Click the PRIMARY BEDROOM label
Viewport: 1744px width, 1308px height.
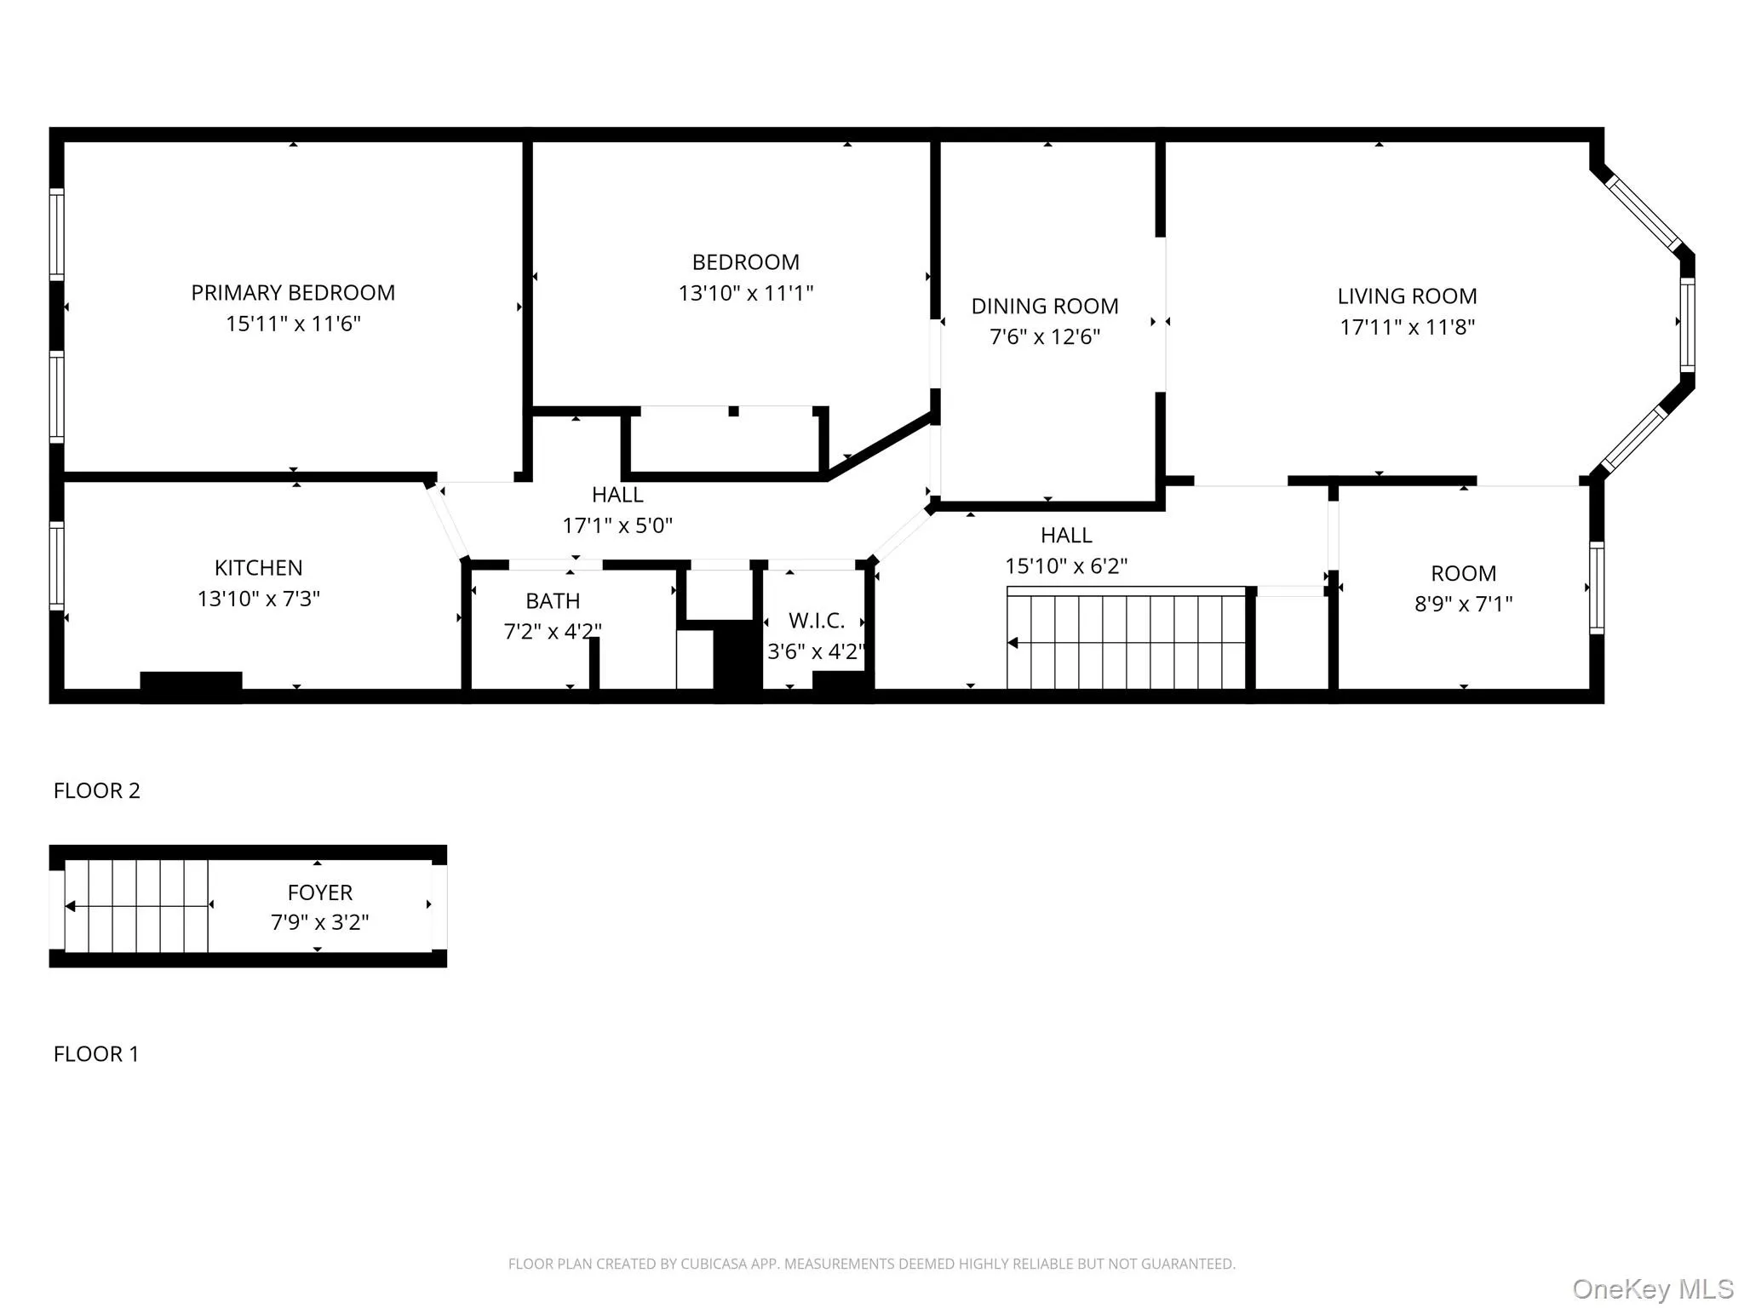[x=293, y=293]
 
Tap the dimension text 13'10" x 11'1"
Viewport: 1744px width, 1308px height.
[x=745, y=294]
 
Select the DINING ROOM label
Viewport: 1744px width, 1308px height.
[x=1045, y=307]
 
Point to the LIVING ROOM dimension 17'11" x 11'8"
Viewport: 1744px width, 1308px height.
[x=1407, y=327]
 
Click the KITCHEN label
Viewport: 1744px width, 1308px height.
[x=258, y=568]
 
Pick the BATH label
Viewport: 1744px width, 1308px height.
[x=553, y=601]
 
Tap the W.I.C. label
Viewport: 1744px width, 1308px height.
[x=816, y=621]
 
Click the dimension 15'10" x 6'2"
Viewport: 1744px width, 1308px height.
[x=1066, y=566]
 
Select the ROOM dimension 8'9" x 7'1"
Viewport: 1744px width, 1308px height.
[x=1463, y=604]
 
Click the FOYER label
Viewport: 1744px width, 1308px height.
[x=319, y=892]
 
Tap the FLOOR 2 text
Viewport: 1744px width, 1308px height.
[x=96, y=790]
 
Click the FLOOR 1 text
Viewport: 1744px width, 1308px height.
[x=95, y=1054]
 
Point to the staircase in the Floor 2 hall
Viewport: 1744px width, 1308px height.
[x=1126, y=640]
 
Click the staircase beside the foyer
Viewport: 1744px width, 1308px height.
[x=136, y=906]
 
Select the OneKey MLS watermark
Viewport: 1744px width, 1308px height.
[x=1652, y=1288]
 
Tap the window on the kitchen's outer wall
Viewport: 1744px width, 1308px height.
[x=56, y=565]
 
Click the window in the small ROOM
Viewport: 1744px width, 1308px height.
[x=1597, y=588]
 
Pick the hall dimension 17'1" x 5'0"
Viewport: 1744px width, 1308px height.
[x=617, y=525]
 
